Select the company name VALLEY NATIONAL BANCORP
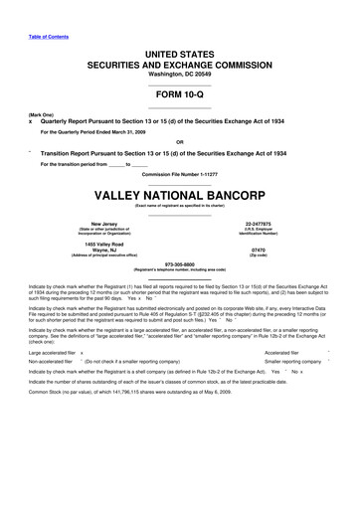coord(180,195)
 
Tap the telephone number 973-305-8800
coord(180,263)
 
